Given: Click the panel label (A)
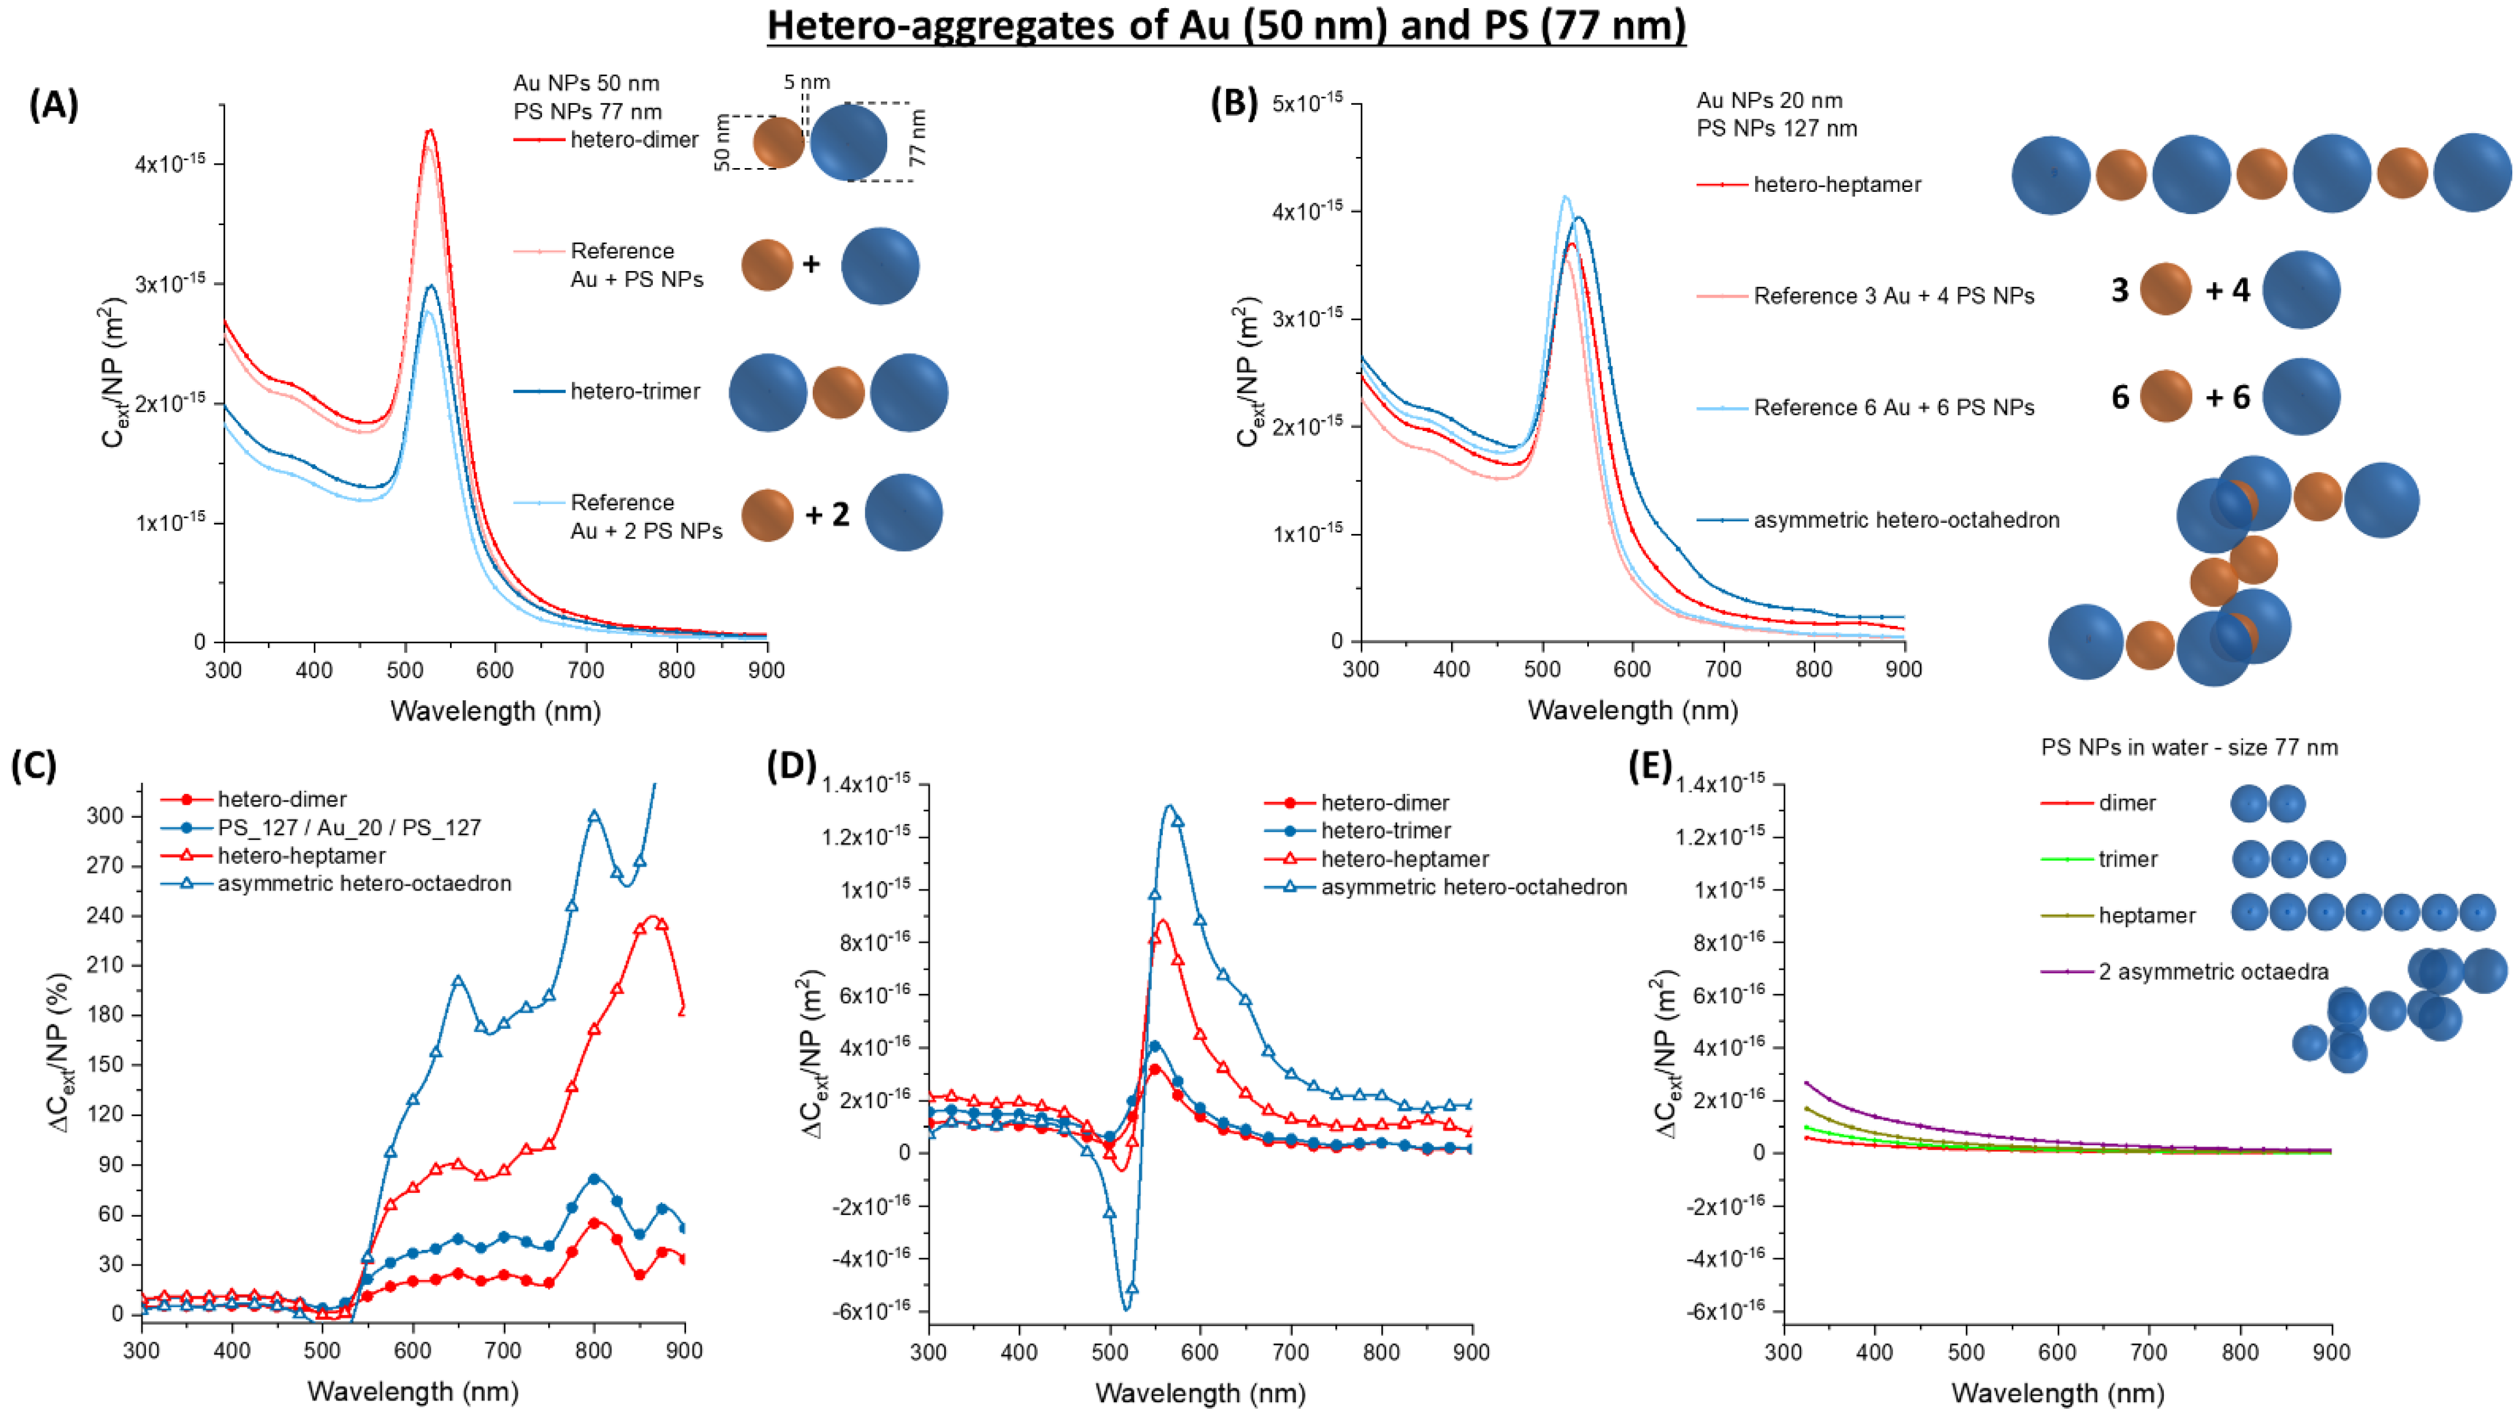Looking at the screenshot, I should (53, 103).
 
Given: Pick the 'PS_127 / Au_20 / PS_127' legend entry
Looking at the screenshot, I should (349, 827).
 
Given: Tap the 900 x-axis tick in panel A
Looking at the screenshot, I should (766, 670).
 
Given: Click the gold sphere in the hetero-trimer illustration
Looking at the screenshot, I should (838, 392).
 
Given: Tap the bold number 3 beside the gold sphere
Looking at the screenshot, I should (2119, 290).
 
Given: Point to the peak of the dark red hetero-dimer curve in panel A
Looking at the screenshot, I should (428, 130).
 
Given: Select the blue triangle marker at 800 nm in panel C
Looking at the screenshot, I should (594, 815).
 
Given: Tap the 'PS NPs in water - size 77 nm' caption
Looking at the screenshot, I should (2188, 747).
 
